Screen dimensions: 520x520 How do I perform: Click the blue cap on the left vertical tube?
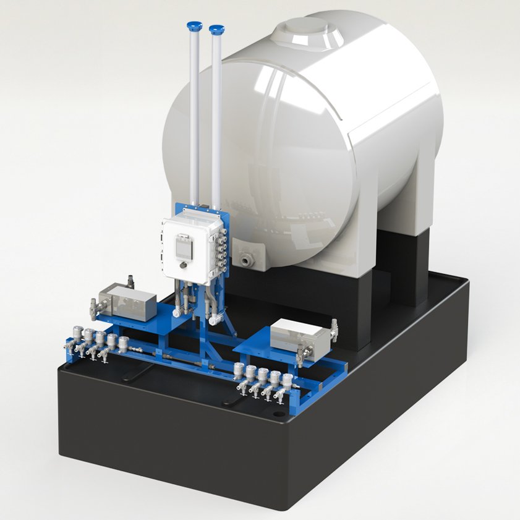(194, 25)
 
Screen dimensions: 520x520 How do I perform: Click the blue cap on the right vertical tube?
(216, 29)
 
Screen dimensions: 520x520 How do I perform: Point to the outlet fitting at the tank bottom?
(249, 258)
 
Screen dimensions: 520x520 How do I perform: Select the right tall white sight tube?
(216, 111)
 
